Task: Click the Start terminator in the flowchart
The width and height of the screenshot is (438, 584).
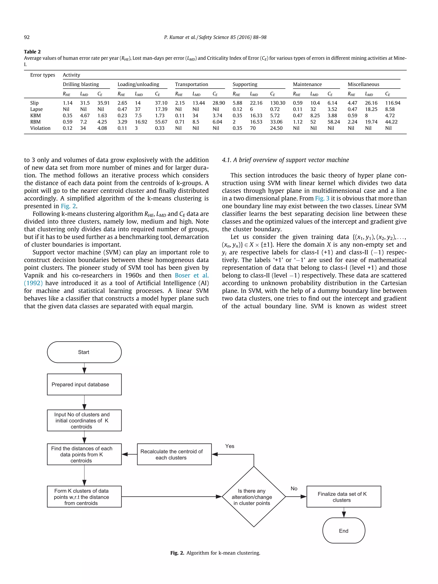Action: tap(84, 352)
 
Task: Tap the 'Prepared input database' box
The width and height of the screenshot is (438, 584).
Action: tap(84, 384)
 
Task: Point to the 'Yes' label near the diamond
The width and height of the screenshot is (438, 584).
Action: tap(230, 446)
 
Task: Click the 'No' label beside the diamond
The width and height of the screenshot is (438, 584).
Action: tap(294, 488)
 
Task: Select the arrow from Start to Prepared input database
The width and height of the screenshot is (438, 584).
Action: tap(84, 368)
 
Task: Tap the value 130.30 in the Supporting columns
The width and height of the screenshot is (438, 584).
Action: tap(277, 103)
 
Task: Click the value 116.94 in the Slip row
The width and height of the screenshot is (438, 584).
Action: tap(393, 103)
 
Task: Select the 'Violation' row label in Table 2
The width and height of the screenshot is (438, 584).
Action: tap(40, 128)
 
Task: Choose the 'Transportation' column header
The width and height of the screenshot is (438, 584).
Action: tap(191, 84)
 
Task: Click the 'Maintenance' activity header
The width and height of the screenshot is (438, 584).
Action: tap(307, 84)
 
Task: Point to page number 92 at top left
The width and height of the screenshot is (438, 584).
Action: tap(27, 37)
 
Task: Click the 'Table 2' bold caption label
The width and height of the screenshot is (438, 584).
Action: tap(32, 52)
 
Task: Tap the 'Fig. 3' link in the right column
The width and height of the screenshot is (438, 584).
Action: tap(322, 198)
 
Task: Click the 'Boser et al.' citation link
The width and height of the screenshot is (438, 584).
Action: tap(192, 275)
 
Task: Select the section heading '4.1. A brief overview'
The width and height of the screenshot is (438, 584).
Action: tap(285, 160)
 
